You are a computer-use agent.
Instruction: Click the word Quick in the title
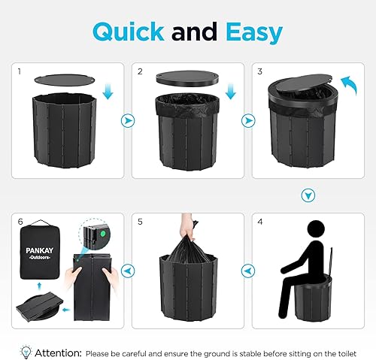130,32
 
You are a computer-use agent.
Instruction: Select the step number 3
261,72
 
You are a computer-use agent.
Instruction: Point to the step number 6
21,222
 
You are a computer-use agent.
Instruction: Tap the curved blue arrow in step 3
347,81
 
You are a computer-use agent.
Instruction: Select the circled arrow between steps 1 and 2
128,119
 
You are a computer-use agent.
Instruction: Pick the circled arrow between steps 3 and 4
306,194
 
